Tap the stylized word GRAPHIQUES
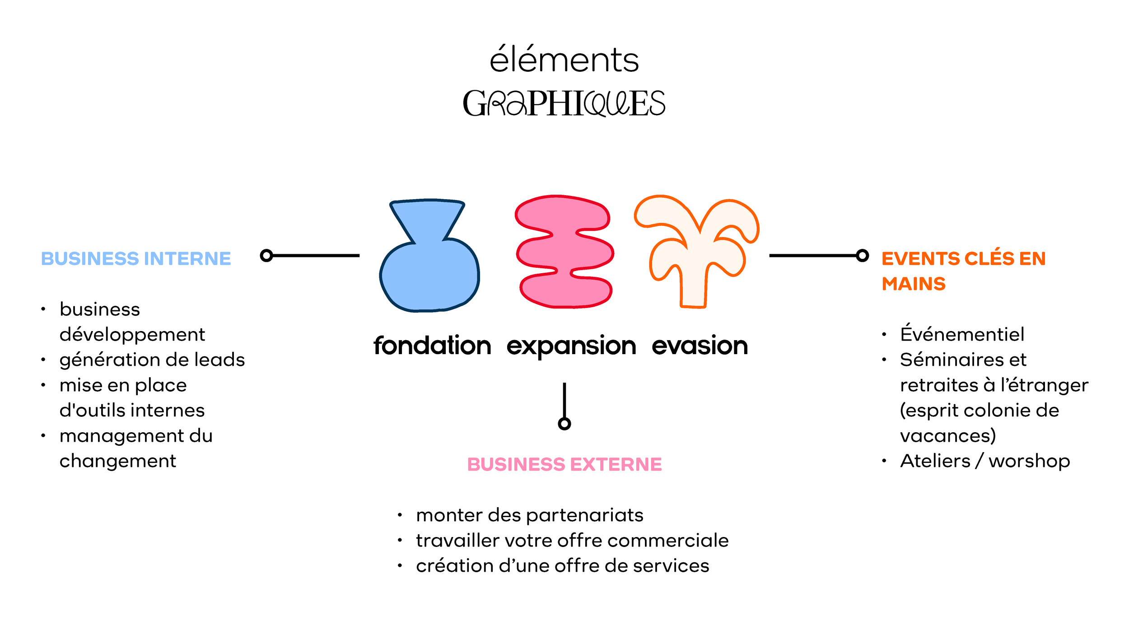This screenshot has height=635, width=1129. (564, 103)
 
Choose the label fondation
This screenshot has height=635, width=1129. (432, 346)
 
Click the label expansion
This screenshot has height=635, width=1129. (571, 347)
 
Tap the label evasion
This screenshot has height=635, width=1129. (700, 346)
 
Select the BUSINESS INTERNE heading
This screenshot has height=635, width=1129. (136, 259)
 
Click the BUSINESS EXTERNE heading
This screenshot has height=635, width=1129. (564, 465)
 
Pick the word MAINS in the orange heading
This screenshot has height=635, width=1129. (913, 284)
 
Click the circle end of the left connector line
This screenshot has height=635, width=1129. (266, 256)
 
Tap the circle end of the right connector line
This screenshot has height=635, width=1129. (862, 256)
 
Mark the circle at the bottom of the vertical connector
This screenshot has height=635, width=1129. (564, 424)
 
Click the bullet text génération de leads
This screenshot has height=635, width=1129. (152, 360)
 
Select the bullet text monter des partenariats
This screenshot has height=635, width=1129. (529, 515)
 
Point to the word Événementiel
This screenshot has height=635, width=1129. (962, 334)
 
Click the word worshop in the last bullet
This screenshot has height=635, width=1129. (1029, 461)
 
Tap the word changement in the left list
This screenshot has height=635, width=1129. (118, 461)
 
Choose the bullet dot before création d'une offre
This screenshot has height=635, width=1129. (400, 566)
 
